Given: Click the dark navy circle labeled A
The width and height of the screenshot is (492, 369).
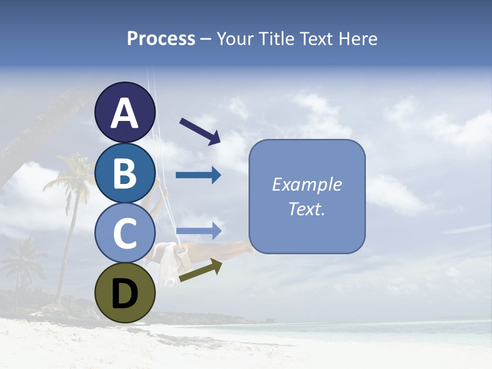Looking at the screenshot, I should coord(125,112).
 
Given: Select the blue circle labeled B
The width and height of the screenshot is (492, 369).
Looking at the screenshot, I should coord(125,173).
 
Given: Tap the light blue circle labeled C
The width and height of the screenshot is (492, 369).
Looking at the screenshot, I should coord(125,233).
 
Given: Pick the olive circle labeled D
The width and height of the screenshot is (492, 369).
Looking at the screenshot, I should coord(125,293).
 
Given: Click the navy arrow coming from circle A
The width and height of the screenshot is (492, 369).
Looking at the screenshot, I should coord(200,131).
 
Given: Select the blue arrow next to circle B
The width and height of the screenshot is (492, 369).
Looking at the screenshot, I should coord(198,175).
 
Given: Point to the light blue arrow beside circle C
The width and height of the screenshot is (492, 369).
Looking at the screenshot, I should coord(198,231).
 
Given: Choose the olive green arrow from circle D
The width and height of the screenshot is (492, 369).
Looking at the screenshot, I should coord(200,270).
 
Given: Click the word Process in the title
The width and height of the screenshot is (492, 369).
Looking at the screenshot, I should coord(161,38).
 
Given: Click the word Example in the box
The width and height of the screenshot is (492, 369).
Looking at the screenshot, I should coord(306,184).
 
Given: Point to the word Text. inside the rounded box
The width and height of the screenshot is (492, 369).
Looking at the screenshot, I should coord(306,209).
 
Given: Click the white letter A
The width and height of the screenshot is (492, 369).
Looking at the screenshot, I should coord(125,113).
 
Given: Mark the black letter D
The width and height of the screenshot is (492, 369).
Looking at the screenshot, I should coord(125,294).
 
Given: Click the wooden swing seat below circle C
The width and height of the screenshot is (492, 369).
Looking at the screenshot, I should coord(180,255).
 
